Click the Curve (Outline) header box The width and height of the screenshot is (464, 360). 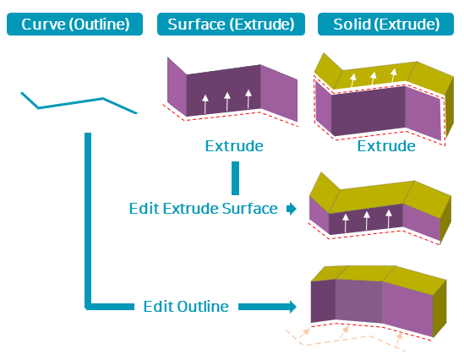74,24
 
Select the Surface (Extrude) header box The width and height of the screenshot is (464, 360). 231,24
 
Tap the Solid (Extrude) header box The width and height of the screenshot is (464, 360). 385,24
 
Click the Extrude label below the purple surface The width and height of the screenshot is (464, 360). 234,146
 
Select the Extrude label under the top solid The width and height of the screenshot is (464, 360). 386,146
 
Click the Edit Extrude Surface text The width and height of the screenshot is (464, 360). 204,209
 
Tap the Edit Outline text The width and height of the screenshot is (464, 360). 186,307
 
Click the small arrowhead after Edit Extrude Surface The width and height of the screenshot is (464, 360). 292,209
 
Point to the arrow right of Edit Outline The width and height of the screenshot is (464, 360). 267,307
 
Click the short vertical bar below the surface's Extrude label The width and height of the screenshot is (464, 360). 235,178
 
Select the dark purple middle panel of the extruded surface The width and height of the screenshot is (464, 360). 223,90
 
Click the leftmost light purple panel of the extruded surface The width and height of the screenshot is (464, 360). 177,86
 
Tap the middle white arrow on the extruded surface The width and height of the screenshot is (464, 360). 227,101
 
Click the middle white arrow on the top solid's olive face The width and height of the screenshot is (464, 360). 374,79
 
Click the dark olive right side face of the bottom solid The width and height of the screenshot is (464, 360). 439,308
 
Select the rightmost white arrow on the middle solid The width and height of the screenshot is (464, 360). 389,219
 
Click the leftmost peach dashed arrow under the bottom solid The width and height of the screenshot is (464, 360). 304,333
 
